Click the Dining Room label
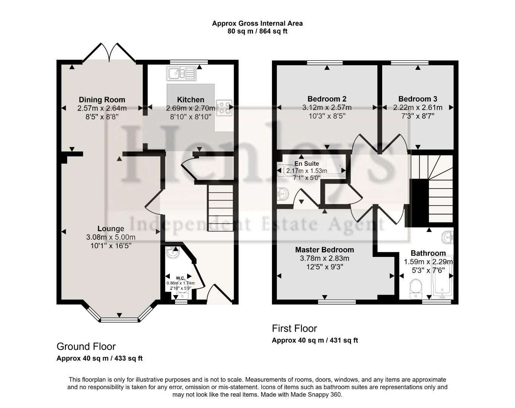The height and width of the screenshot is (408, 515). click(102, 100)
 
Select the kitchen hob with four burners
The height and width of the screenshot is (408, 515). click(224, 107)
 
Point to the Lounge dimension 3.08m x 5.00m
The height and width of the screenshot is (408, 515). click(111, 237)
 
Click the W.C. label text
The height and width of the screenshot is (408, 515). click(180, 278)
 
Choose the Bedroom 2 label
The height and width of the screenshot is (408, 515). click(327, 99)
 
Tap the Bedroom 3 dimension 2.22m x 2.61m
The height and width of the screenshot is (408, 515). click(418, 108)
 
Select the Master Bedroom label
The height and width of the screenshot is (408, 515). click(324, 250)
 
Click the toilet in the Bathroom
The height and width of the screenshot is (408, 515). click(415, 289)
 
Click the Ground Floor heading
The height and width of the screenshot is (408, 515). click(86, 346)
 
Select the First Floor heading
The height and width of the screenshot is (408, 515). click(294, 328)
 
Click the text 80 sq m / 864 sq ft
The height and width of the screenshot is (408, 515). click(257, 31)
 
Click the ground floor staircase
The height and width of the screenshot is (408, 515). click(221, 208)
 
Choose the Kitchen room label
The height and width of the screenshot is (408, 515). click(191, 100)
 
